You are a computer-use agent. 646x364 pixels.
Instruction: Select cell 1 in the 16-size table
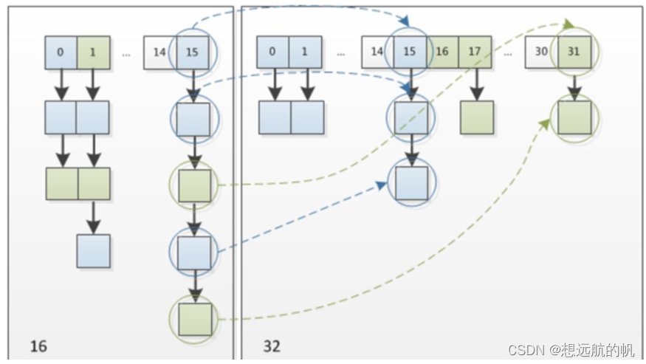pos(93,52)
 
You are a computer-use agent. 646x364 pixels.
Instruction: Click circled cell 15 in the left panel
pos(193,52)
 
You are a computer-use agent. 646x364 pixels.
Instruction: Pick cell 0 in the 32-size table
pos(273,52)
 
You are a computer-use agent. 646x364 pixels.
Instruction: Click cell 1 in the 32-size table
pos(306,52)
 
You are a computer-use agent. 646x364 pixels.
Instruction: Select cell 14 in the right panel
pos(377,52)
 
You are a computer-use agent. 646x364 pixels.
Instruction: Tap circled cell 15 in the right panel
pos(410,52)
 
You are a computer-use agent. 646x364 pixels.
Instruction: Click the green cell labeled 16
pos(443,52)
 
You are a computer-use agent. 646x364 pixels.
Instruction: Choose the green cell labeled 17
pos(475,52)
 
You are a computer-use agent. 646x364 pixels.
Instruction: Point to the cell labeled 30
pos(541,52)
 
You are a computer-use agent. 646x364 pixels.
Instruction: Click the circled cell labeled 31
pos(574,52)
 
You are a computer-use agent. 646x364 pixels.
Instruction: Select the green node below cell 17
pos(476,117)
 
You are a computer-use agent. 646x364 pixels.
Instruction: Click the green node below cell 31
pos(574,117)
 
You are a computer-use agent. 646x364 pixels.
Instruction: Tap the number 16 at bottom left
pos(38,345)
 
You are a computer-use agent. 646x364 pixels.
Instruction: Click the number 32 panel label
pos(272,345)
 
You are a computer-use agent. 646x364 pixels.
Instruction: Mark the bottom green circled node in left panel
pos(194,319)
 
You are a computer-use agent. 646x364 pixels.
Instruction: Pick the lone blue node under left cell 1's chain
pos(94,251)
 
